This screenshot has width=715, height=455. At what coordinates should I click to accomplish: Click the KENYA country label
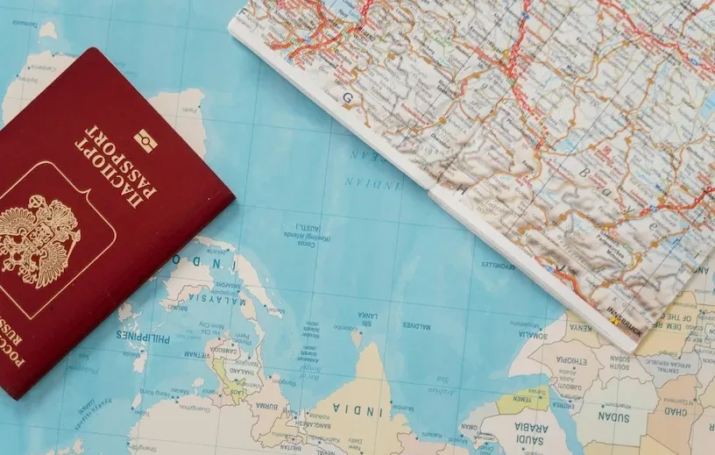pyautogui.click(x=580, y=327)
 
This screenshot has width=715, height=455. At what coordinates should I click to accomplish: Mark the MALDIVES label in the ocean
pyautogui.click(x=417, y=325)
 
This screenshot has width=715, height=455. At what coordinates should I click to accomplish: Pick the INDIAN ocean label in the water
pyautogui.click(x=372, y=183)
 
